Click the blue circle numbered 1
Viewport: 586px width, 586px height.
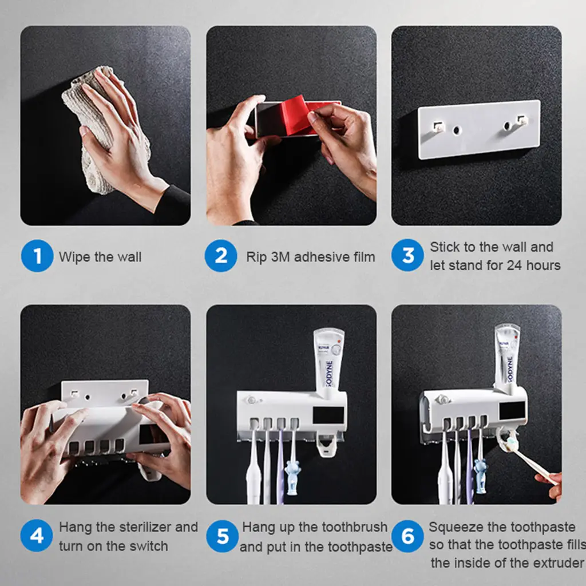(37, 256)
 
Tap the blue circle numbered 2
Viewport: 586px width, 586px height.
(221, 256)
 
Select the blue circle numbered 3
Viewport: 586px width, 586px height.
(407, 255)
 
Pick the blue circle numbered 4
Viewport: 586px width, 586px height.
(37, 536)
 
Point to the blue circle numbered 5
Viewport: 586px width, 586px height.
(223, 536)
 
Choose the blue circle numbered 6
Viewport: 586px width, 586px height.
(407, 536)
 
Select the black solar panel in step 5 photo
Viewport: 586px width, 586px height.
(328, 415)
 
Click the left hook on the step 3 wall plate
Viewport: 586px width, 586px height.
(437, 126)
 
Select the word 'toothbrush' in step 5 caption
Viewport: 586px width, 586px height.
(355, 527)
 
